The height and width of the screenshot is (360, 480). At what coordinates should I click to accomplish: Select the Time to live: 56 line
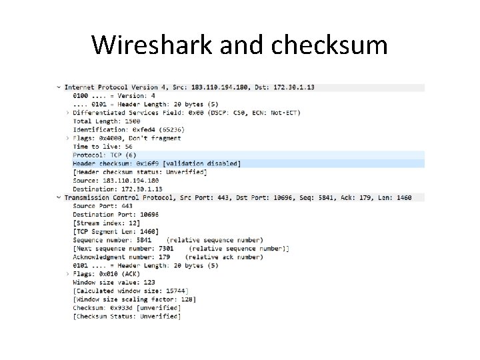click(102, 147)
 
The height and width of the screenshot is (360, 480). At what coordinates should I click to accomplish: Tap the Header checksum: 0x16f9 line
click(157, 163)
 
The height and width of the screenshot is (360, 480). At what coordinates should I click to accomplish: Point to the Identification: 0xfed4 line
click(129, 129)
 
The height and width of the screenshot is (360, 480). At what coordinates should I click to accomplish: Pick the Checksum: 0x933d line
click(126, 308)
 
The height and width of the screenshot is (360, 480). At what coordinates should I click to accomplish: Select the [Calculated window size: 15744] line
click(130, 291)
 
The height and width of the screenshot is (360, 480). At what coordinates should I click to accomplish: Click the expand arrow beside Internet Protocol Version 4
click(59, 87)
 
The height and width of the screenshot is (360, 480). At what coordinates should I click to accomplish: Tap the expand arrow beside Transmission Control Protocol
click(59, 197)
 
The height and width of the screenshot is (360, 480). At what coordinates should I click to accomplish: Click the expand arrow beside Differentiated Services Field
click(67, 113)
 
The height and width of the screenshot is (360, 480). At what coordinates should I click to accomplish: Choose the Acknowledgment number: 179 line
click(121, 257)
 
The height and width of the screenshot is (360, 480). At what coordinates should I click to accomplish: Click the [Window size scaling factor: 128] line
click(134, 299)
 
